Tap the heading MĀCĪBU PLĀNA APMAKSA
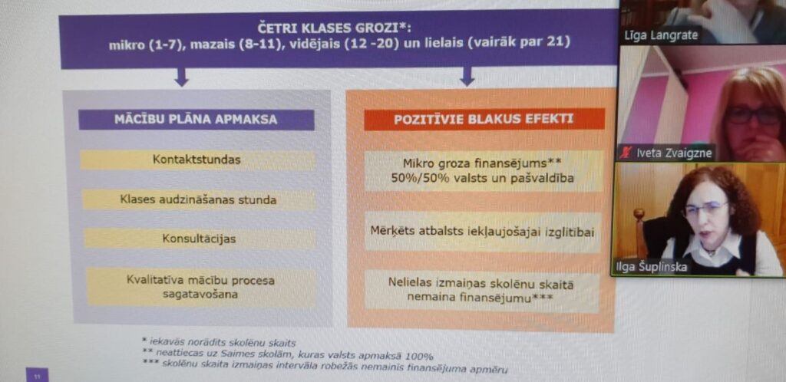tap(196, 120)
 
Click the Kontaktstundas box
tap(196, 160)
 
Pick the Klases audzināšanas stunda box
tap(198, 199)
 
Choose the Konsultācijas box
tap(199, 239)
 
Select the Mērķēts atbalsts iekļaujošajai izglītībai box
tap(482, 232)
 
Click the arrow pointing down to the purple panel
tap(181, 77)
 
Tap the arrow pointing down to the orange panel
tap(467, 77)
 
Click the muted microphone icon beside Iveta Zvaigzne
tap(627, 153)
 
